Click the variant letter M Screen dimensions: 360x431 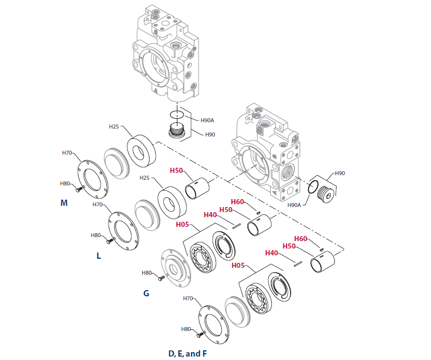[64, 202]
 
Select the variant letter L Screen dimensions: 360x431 [98, 256]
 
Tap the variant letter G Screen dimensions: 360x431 [146, 293]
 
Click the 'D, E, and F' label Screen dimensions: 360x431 [187, 354]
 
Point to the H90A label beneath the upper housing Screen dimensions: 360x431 [207, 121]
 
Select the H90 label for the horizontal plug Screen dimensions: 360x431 [339, 173]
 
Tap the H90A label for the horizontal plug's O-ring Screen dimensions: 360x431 [294, 205]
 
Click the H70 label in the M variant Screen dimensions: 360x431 [67, 153]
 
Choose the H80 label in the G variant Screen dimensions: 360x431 [147, 273]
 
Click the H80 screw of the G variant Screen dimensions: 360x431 [161, 278]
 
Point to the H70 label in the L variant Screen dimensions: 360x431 [97, 204]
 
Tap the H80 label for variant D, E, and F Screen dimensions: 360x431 [186, 329]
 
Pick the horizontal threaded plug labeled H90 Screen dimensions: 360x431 [325, 192]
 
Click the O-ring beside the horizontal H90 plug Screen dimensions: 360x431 [312, 186]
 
